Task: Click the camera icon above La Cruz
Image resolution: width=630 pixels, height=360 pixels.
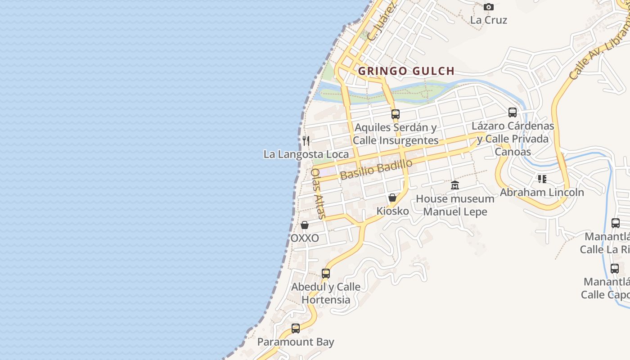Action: pyautogui.click(x=488, y=7)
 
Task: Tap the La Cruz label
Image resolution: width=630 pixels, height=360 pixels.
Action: pyautogui.click(x=488, y=20)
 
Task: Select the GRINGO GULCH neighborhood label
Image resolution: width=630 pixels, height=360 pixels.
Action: pyautogui.click(x=406, y=71)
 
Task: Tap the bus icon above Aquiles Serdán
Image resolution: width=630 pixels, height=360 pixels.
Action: pyautogui.click(x=395, y=114)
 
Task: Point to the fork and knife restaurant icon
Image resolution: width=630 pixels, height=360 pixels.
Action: pyautogui.click(x=306, y=140)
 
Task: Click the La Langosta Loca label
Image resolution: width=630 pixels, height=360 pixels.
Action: pyautogui.click(x=306, y=154)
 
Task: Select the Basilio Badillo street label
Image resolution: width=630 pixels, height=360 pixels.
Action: pyautogui.click(x=376, y=169)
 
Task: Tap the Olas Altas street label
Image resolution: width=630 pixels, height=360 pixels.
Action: pyautogui.click(x=318, y=193)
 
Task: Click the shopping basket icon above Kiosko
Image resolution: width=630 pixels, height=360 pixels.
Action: pyautogui.click(x=392, y=198)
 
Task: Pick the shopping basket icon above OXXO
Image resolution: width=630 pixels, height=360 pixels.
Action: pyautogui.click(x=305, y=225)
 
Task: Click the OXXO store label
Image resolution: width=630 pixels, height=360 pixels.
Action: pyautogui.click(x=305, y=238)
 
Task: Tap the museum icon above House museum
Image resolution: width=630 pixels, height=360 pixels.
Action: pyautogui.click(x=455, y=185)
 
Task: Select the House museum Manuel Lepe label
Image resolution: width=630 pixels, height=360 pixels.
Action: pyautogui.click(x=455, y=205)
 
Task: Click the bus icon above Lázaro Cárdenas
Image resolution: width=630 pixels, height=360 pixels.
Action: pyautogui.click(x=512, y=112)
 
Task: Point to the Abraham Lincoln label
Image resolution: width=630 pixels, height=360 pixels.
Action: pyautogui.click(x=542, y=193)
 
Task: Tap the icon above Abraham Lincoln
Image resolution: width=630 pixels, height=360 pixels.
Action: pyautogui.click(x=542, y=179)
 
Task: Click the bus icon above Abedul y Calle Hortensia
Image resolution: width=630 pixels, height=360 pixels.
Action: pyautogui.click(x=325, y=273)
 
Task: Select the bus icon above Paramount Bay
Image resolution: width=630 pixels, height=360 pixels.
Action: pyautogui.click(x=295, y=328)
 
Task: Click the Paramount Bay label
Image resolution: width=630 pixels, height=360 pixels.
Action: pyautogui.click(x=295, y=342)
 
